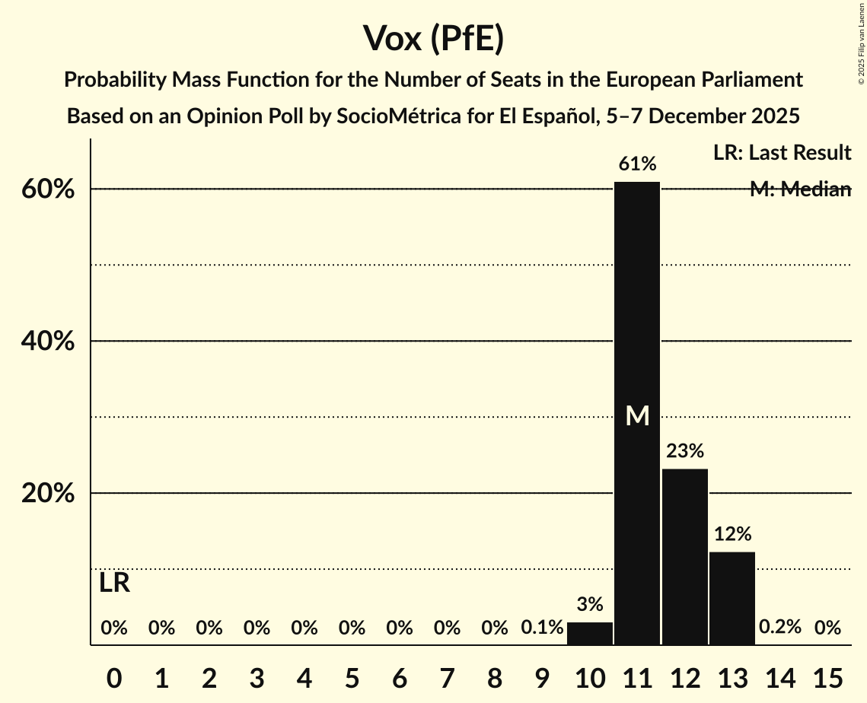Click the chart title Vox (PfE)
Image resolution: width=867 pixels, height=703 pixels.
click(x=433, y=38)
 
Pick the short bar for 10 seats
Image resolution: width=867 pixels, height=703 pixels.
click(x=590, y=633)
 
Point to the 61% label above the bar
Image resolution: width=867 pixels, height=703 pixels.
click(x=637, y=164)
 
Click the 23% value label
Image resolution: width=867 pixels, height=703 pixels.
click(x=684, y=451)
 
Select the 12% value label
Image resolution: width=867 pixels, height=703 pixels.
click(x=732, y=533)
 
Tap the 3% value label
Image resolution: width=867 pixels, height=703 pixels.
click(x=590, y=605)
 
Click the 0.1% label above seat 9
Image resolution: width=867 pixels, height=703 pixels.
click(x=542, y=628)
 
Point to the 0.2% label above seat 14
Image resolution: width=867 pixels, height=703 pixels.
click(x=780, y=628)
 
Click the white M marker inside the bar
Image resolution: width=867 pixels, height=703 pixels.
click(x=637, y=415)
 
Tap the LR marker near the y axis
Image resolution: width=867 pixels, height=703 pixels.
click(x=114, y=584)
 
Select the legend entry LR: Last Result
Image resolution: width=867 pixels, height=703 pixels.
click(x=782, y=153)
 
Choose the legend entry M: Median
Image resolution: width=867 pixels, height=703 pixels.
click(x=800, y=189)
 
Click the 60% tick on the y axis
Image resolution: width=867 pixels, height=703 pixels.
click(x=47, y=189)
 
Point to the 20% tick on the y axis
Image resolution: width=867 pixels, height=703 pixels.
click(x=47, y=494)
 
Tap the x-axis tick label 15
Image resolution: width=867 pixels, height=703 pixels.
click(x=827, y=676)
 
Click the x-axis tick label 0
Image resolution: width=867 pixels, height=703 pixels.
click(x=114, y=676)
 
